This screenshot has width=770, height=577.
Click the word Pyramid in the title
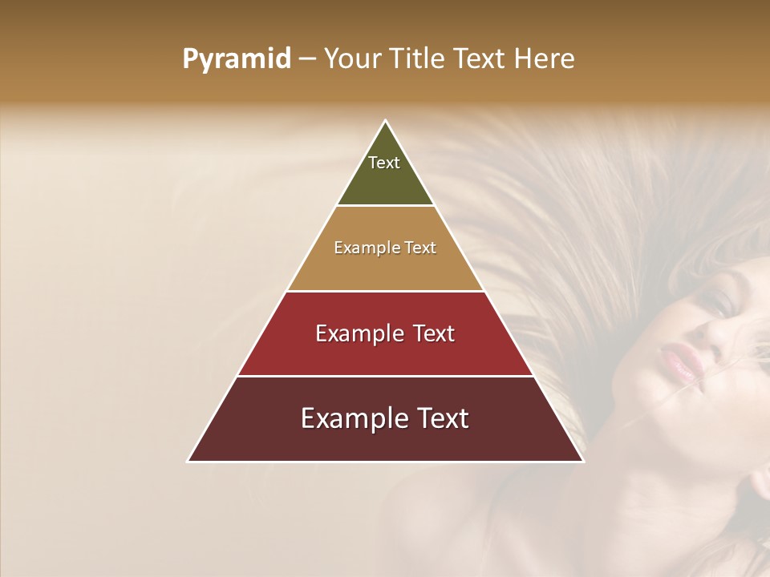click(x=237, y=59)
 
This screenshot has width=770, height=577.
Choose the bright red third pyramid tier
click(x=385, y=353)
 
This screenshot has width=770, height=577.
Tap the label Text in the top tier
click(x=384, y=163)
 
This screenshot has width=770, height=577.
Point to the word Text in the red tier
click(x=434, y=333)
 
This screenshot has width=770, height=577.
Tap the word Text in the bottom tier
click(x=443, y=418)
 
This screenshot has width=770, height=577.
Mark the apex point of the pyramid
click(x=386, y=121)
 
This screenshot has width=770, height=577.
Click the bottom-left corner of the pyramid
click(x=188, y=461)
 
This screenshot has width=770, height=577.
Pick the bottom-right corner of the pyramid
click(x=583, y=461)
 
